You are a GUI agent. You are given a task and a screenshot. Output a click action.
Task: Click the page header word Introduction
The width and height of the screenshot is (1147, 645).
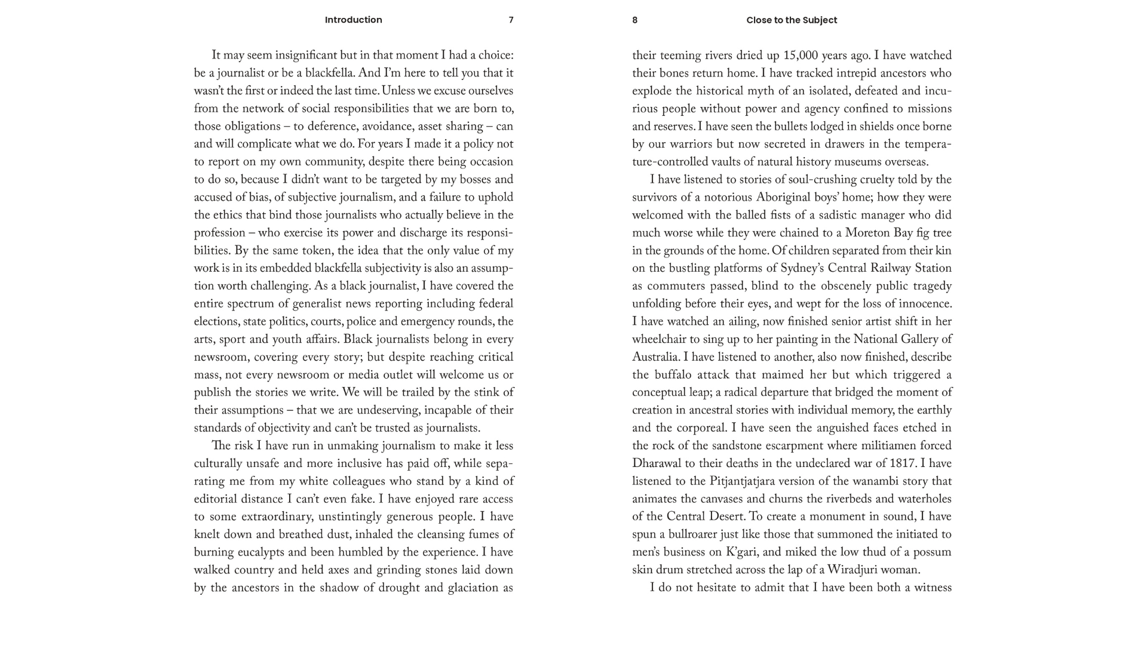[x=353, y=20]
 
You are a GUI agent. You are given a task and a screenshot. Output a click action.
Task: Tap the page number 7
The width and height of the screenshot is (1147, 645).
[x=511, y=20]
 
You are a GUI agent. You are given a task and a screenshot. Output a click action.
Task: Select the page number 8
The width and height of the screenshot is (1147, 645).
[x=634, y=20]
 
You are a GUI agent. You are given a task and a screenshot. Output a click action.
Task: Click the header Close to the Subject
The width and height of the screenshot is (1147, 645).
[x=792, y=20]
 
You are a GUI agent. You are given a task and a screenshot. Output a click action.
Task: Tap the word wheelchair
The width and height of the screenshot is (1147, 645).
[x=660, y=339]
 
